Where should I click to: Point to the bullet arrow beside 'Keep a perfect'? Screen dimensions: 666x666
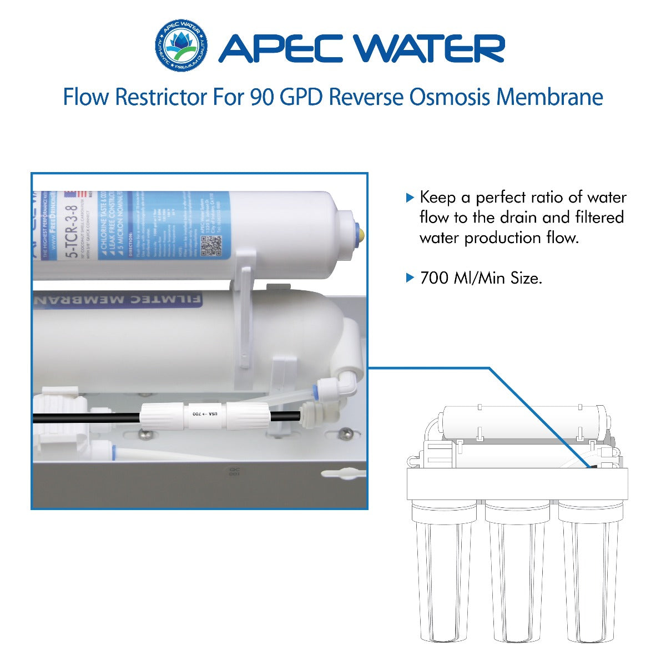pyautogui.click(x=410, y=198)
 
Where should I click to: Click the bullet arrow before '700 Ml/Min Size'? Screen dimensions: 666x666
pyautogui.click(x=410, y=277)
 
